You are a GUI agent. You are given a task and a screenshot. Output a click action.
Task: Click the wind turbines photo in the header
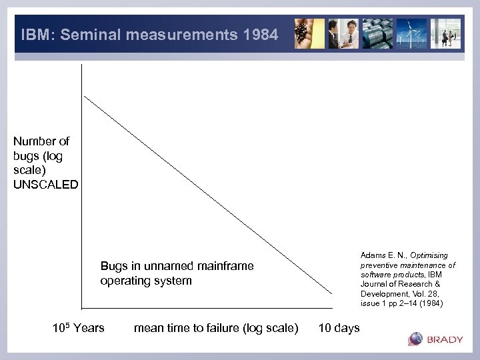pos(411,33)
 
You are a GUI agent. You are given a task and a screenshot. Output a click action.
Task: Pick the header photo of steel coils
pos(379,33)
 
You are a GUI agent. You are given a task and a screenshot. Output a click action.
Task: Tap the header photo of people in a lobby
pos(445,33)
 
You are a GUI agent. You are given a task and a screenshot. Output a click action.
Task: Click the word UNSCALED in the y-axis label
pos(45,185)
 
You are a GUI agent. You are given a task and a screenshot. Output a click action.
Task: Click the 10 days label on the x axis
pos(339,327)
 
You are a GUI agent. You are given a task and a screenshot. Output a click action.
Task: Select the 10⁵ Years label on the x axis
pos(78,327)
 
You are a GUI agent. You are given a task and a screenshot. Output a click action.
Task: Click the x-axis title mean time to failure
pos(216,327)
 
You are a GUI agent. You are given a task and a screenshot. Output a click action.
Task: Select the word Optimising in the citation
pos(429,255)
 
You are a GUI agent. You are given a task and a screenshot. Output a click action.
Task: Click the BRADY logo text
pos(445,339)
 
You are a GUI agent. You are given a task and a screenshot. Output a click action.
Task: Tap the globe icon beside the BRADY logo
pos(415,339)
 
